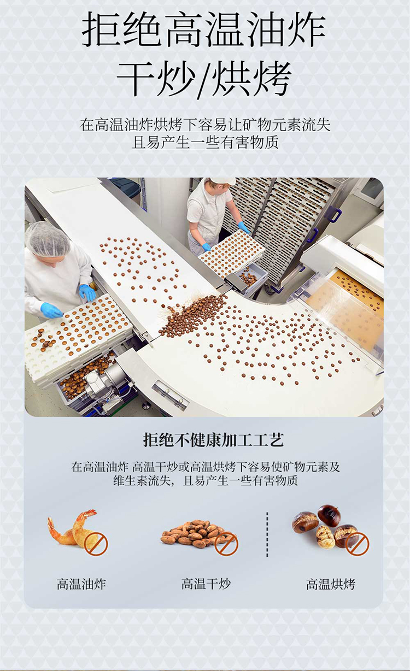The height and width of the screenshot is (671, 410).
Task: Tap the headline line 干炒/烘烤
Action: [204, 79]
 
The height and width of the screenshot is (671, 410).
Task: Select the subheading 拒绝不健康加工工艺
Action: [213, 440]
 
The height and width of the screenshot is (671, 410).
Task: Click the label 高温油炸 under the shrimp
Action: [81, 584]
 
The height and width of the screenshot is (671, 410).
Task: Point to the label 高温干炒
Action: [206, 584]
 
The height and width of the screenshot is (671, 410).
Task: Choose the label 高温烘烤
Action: [331, 584]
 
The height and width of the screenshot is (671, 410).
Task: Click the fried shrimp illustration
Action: [73, 528]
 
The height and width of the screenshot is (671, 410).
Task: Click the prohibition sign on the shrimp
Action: [96, 544]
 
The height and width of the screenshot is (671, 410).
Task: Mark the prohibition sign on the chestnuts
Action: [358, 544]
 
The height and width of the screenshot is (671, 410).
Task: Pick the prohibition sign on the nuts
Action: [226, 544]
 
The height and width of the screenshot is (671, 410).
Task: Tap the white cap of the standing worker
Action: [223, 180]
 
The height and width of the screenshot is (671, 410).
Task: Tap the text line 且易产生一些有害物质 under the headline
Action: [205, 143]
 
